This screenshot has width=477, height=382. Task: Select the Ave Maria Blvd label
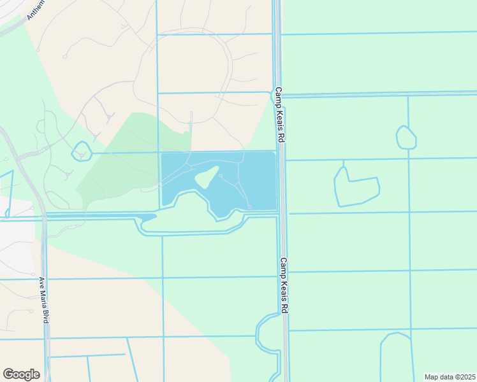(43, 300)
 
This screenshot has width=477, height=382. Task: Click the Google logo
(21, 374)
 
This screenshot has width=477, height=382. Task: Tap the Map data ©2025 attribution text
(450, 377)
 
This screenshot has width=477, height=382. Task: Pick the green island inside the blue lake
(207, 178)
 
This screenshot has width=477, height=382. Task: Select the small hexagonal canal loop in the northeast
(406, 138)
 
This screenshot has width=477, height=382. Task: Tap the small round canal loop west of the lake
(82, 152)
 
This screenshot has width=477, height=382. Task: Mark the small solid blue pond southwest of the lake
(147, 218)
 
